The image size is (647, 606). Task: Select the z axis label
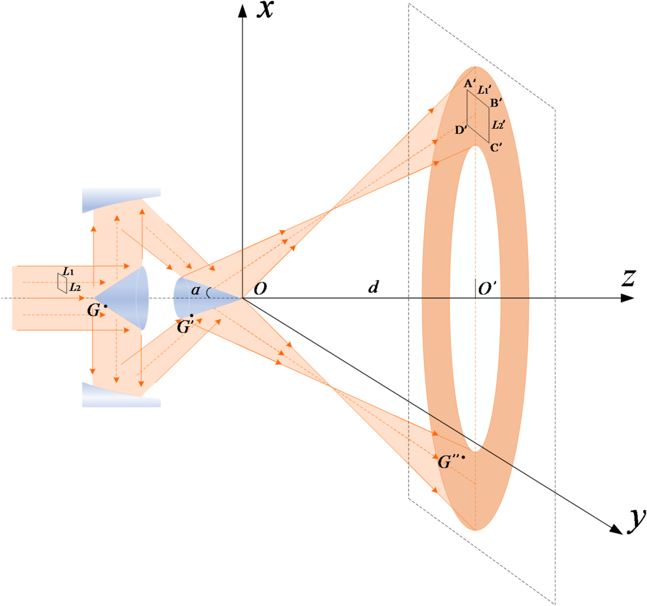point(628,279)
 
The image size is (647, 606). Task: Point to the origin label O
point(261,289)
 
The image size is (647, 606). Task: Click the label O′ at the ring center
point(487,289)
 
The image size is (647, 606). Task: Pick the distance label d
point(373,287)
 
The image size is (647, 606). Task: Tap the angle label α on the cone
point(195,290)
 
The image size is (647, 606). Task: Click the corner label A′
point(469,84)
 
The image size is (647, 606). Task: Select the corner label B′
point(496,102)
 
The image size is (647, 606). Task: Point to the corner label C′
point(496,147)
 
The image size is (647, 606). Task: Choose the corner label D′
point(461,130)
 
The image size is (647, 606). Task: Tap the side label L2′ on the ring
point(498,125)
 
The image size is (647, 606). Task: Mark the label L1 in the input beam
point(68,271)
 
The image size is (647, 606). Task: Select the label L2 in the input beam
point(75,287)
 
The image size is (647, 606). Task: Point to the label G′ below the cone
point(185,327)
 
